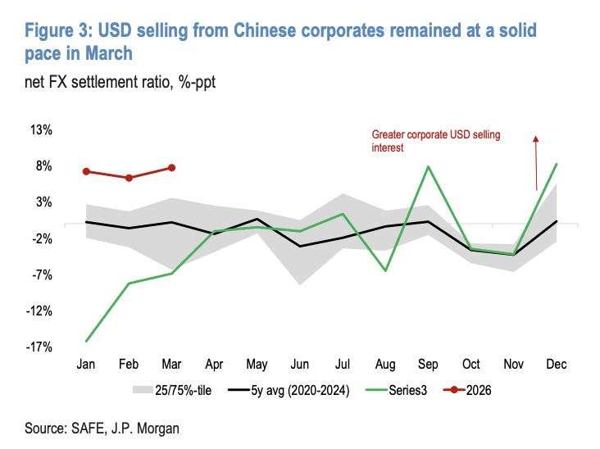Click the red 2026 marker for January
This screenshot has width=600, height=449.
86,171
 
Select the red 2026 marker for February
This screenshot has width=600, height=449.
129,178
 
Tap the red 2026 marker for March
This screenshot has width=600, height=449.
171,167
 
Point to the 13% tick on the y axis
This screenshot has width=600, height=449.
41,129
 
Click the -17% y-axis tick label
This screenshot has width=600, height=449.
39,347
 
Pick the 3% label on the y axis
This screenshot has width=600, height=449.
43,202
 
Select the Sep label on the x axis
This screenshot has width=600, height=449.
428,364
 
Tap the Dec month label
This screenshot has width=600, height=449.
557,364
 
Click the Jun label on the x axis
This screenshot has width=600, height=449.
300,364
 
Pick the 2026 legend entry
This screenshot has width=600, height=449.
473,391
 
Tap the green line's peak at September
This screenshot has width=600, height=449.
428,166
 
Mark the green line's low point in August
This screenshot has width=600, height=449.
385,270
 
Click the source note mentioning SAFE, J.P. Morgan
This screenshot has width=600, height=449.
102,428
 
